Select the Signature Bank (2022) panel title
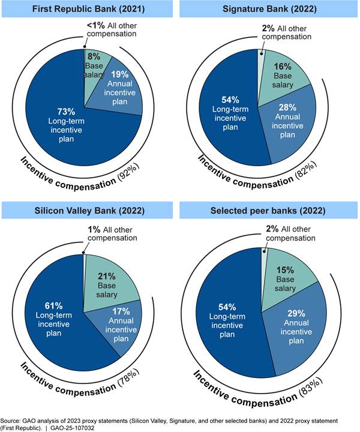pos(269,9)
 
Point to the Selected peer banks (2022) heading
pos(269,211)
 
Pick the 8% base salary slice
pos(95,63)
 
